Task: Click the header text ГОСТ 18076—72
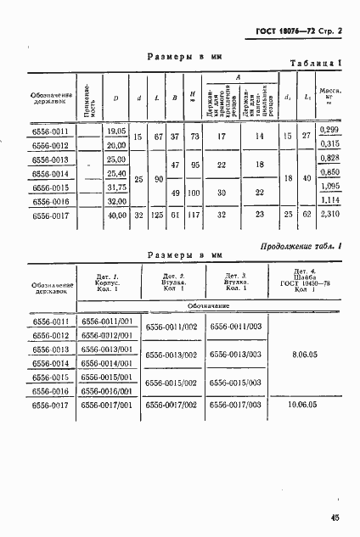[284, 31]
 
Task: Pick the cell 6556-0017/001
[107, 406]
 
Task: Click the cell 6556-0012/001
[107, 335]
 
